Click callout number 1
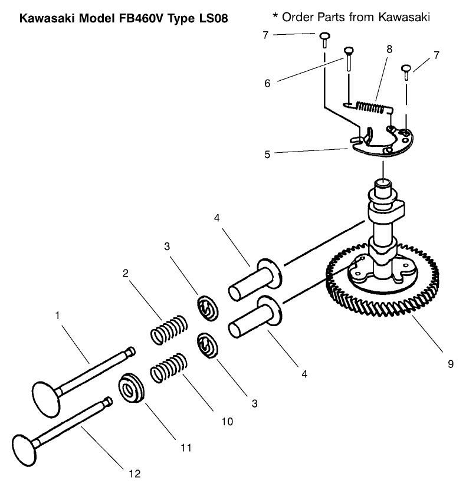58,316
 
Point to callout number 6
267,84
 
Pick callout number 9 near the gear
450,364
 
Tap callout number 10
227,422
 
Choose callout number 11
186,448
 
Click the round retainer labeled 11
132,389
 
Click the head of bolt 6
349,51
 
